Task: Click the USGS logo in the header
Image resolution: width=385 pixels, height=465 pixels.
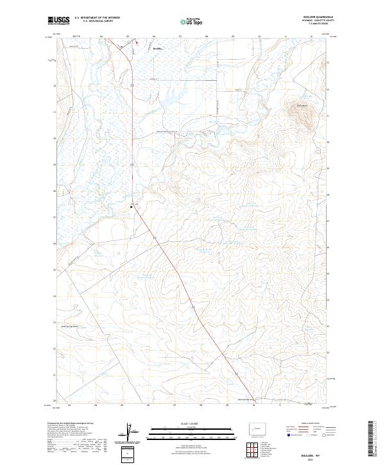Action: tap(58, 21)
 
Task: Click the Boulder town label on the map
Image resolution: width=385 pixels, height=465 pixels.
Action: tap(158, 47)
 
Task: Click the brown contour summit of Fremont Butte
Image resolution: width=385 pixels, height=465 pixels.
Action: tap(302, 115)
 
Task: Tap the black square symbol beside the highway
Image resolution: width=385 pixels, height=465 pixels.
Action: tap(132, 207)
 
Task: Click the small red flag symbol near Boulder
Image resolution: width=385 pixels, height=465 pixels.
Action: tap(136, 44)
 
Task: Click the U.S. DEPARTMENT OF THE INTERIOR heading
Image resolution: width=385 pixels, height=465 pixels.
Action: tap(97, 17)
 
